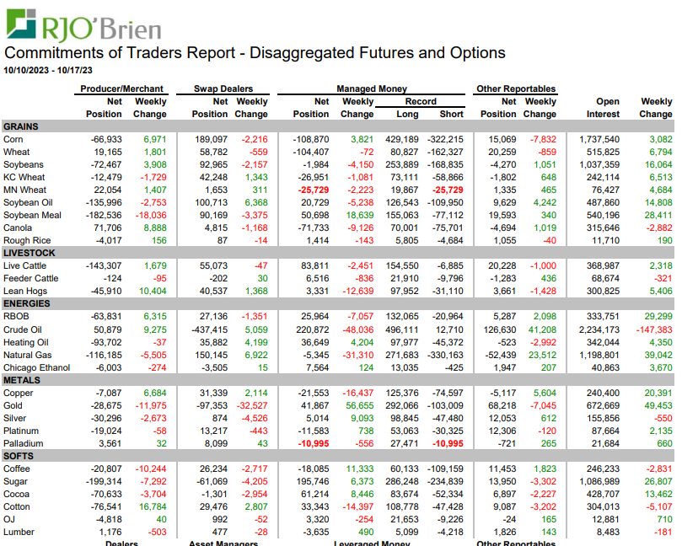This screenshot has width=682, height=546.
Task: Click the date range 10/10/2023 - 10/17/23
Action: pyautogui.click(x=48, y=70)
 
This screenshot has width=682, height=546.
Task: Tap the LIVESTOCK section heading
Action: pyautogui.click(x=30, y=253)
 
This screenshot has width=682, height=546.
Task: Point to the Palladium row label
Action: pyautogui.click(x=24, y=443)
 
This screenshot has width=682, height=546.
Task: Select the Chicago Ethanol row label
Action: pyautogui.click(x=37, y=367)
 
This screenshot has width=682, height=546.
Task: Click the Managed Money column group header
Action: pyautogui.click(x=372, y=88)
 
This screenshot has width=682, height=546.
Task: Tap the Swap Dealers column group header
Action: pyautogui.click(x=223, y=88)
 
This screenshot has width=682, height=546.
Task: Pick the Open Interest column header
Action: pyautogui.click(x=602, y=107)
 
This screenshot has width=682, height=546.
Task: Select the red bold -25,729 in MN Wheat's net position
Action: pyautogui.click(x=312, y=190)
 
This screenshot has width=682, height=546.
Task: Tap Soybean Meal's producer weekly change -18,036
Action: pyautogui.click(x=148, y=216)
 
